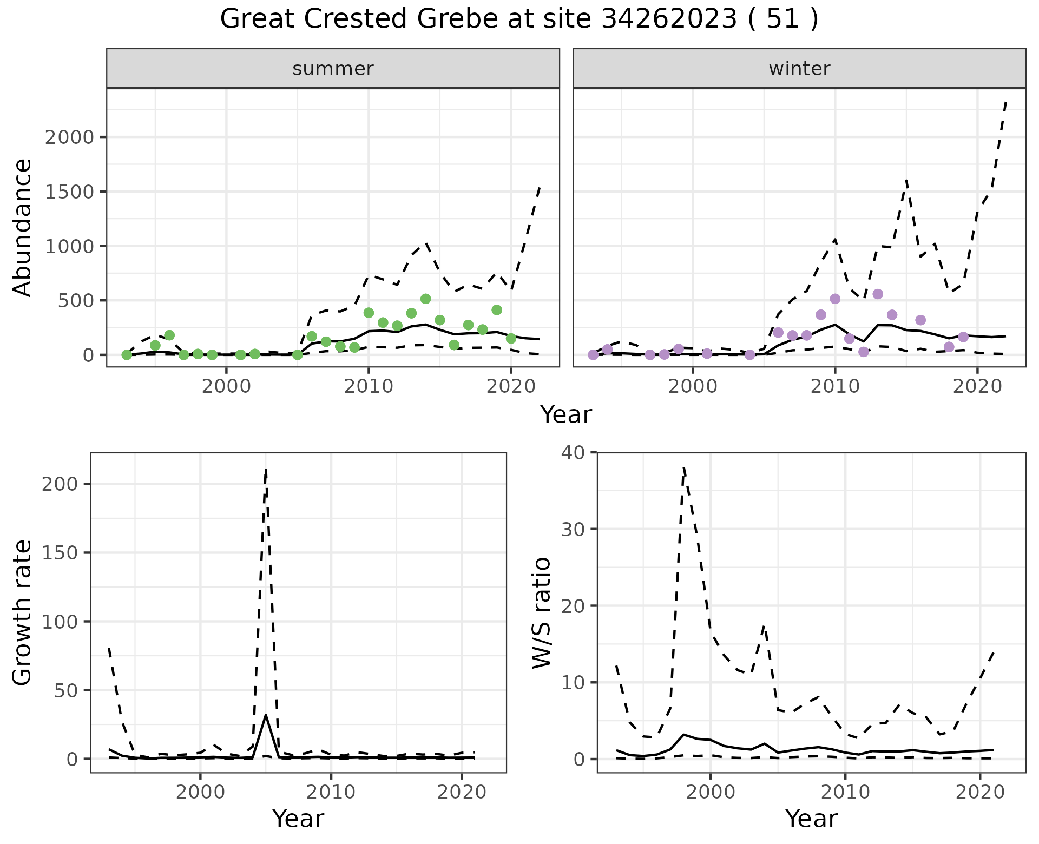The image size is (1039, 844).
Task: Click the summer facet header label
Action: (x=333, y=69)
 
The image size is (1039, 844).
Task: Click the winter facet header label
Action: (x=799, y=69)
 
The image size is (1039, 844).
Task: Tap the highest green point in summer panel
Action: (x=425, y=299)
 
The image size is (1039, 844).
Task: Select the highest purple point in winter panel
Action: (x=878, y=294)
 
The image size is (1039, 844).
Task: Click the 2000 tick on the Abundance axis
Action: (x=69, y=137)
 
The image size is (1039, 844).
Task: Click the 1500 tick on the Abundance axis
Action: (x=69, y=192)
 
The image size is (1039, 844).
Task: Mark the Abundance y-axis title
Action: (x=23, y=227)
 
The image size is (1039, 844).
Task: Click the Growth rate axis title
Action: (x=23, y=612)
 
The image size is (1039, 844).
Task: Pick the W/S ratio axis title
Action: (x=541, y=612)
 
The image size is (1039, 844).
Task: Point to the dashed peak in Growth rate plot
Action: (x=266, y=470)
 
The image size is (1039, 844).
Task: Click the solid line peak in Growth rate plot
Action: (x=266, y=715)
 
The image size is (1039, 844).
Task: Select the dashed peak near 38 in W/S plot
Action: (x=684, y=466)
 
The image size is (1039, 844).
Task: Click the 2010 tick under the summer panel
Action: (x=369, y=386)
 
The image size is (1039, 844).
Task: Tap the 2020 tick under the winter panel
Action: (x=977, y=386)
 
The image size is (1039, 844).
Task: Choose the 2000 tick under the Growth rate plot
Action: (x=200, y=792)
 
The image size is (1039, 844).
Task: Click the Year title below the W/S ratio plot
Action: (x=811, y=819)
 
